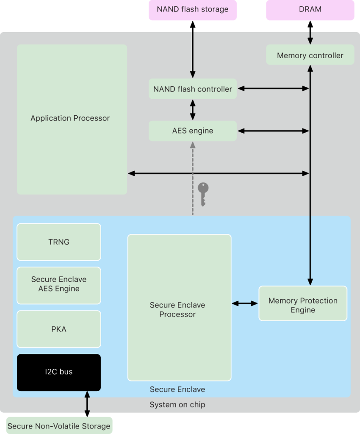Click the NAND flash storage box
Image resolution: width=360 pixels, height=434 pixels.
(x=192, y=9)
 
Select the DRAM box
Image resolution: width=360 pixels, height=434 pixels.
(x=310, y=9)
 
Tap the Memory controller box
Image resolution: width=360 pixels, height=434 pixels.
(x=310, y=55)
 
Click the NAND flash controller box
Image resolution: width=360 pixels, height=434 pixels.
(x=192, y=89)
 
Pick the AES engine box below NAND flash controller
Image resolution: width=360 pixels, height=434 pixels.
(x=192, y=131)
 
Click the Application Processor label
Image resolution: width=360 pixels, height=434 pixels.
(x=70, y=118)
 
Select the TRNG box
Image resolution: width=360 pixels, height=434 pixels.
(x=59, y=242)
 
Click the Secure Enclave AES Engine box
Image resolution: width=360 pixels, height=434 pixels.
(x=59, y=284)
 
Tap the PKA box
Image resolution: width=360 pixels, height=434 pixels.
(x=59, y=329)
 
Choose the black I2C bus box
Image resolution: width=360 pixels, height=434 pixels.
(x=59, y=372)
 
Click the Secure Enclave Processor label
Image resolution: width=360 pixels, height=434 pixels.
(x=177, y=310)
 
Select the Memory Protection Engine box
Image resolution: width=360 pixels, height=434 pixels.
(x=302, y=305)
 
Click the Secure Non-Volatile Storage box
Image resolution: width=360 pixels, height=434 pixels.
(x=59, y=426)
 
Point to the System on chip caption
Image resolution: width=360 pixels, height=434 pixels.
(x=177, y=405)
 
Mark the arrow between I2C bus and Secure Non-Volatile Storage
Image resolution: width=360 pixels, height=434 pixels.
(x=87, y=404)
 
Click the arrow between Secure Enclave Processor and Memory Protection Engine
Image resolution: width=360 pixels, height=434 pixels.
(x=245, y=303)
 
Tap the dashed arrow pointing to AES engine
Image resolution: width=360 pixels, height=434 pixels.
(x=193, y=178)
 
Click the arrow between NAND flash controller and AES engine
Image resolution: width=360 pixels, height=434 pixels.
(x=193, y=110)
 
